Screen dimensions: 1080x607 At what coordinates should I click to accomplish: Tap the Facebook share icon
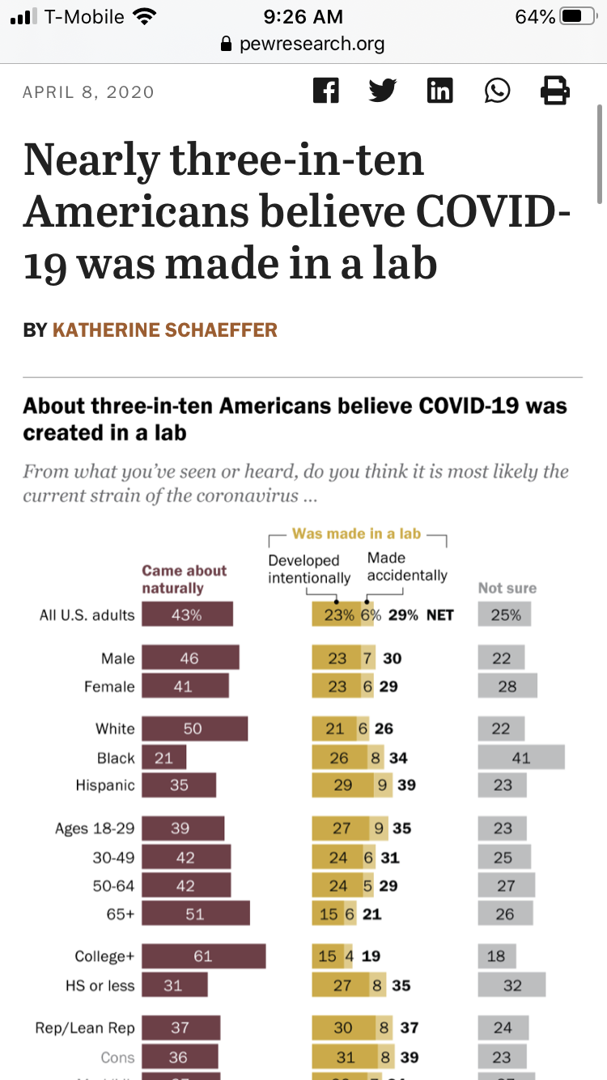coord(325,90)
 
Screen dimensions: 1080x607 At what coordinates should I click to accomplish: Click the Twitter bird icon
coord(383,90)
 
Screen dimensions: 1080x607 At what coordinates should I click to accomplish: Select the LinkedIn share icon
coord(439,90)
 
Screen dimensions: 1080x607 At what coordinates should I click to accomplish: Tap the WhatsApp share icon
coord(498,90)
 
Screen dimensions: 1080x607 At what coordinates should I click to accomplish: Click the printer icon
coord(555,90)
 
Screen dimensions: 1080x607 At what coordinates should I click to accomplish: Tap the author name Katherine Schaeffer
coord(165,330)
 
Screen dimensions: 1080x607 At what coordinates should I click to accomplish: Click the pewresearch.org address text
coord(312,44)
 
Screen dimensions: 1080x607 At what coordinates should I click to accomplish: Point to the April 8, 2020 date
coord(88,91)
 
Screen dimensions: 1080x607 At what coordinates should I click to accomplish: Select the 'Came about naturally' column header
coord(184,580)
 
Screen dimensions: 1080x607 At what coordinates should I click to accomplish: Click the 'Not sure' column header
coord(507,588)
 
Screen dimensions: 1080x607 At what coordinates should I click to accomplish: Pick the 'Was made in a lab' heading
coord(356,534)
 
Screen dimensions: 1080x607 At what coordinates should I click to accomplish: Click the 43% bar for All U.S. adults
coord(187,614)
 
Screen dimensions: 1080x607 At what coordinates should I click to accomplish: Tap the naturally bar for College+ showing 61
coord(203,956)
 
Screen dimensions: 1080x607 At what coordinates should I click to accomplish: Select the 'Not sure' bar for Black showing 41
coord(521,758)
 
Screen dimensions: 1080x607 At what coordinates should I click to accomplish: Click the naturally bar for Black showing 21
coord(163,758)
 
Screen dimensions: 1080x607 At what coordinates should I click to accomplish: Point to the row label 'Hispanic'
coord(105,785)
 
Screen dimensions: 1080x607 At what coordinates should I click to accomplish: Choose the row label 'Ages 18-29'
coord(95,828)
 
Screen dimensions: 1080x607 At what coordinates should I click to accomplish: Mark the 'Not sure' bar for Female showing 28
coord(507,687)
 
